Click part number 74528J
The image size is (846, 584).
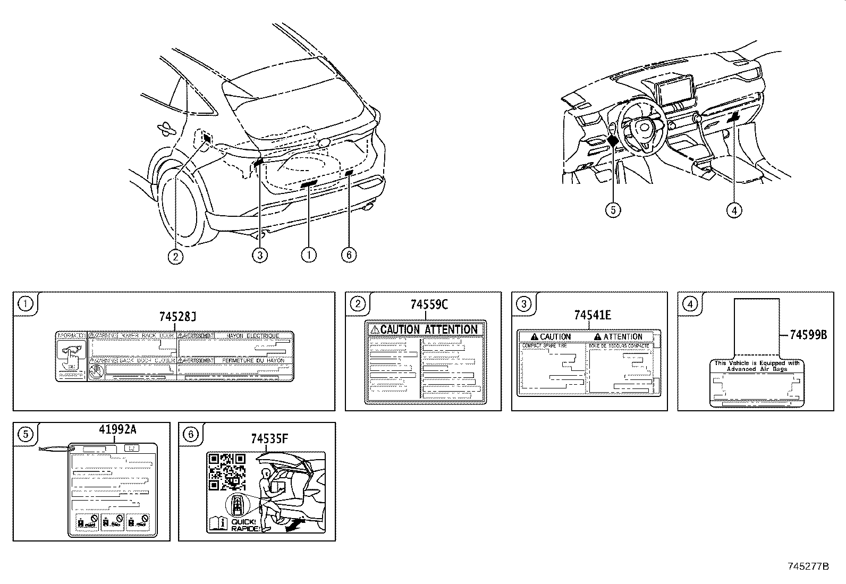(177, 317)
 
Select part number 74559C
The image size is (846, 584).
(429, 304)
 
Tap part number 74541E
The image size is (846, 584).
(592, 315)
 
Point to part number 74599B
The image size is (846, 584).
(808, 335)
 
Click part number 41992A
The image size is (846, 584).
(117, 429)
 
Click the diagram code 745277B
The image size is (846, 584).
(808, 566)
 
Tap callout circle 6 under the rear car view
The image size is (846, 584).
(349, 256)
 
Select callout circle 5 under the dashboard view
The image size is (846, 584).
(613, 210)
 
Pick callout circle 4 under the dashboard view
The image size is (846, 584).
(734, 210)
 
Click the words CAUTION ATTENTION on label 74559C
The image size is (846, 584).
(428, 329)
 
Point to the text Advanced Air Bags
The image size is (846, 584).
(757, 369)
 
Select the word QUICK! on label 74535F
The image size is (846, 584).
(243, 522)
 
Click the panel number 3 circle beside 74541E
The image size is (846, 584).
(523, 304)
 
